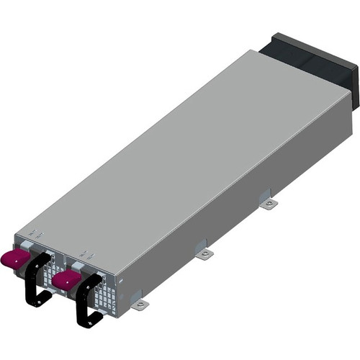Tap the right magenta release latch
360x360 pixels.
(66, 279)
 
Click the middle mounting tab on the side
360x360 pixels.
(204, 253)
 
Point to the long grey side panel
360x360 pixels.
(238, 194)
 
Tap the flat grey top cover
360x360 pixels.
(180, 151)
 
